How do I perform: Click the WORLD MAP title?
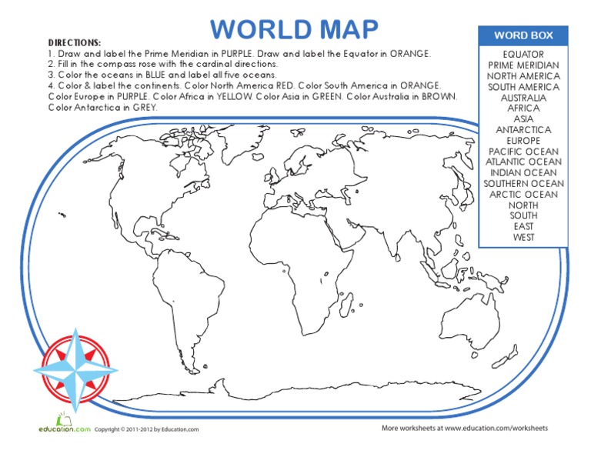(295, 29)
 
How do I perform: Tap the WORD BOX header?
(523, 35)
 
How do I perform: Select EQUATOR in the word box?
(523, 55)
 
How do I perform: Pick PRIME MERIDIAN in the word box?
(523, 65)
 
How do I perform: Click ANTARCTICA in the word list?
(523, 130)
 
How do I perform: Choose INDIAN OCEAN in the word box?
(523, 173)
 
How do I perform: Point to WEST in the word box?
(523, 237)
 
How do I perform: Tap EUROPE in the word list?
(523, 141)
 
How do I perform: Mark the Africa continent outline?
(323, 262)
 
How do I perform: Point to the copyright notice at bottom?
(146, 429)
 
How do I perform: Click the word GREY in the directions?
(145, 108)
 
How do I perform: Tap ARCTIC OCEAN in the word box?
(523, 195)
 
